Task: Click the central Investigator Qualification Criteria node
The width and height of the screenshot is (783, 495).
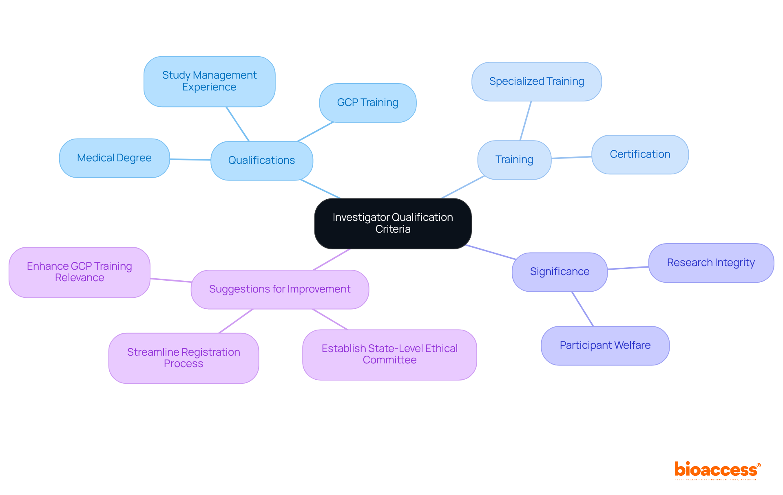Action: (393, 223)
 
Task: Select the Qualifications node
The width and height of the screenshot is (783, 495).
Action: (261, 161)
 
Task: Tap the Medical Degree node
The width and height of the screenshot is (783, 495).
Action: (114, 158)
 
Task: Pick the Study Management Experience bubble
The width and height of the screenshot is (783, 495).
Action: (209, 81)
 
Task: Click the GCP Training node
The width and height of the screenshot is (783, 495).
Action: (367, 103)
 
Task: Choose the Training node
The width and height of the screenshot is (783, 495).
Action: (514, 160)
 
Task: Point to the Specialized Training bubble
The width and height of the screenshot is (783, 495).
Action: (536, 81)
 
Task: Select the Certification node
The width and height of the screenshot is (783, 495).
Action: (640, 154)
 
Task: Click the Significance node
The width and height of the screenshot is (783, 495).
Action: (560, 272)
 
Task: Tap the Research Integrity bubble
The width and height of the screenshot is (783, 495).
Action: (711, 263)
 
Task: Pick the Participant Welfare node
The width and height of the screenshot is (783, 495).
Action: (605, 345)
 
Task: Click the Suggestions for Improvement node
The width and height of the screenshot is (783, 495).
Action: (280, 289)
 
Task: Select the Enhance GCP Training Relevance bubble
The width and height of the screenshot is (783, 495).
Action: (80, 272)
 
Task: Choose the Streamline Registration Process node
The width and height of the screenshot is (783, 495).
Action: (184, 358)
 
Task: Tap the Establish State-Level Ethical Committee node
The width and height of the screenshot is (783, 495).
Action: (389, 354)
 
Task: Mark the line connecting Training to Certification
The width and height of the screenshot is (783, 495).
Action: (571, 157)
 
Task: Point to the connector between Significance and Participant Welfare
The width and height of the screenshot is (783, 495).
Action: (583, 309)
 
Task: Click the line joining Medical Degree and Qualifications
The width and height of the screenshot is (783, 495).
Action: (190, 159)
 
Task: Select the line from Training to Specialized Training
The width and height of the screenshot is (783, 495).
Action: (526, 121)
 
